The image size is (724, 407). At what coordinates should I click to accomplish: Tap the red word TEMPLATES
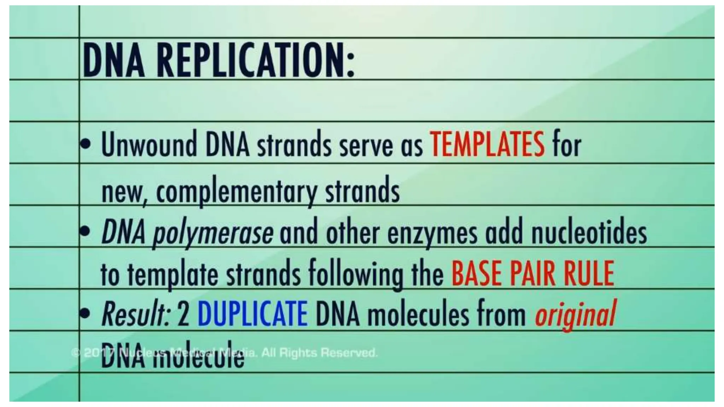click(487, 144)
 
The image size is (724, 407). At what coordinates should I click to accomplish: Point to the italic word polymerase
click(212, 233)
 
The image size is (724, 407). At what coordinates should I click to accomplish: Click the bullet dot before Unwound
click(85, 144)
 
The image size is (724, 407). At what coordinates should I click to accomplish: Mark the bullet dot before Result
click(85, 312)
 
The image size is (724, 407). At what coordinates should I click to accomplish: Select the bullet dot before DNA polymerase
click(85, 232)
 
